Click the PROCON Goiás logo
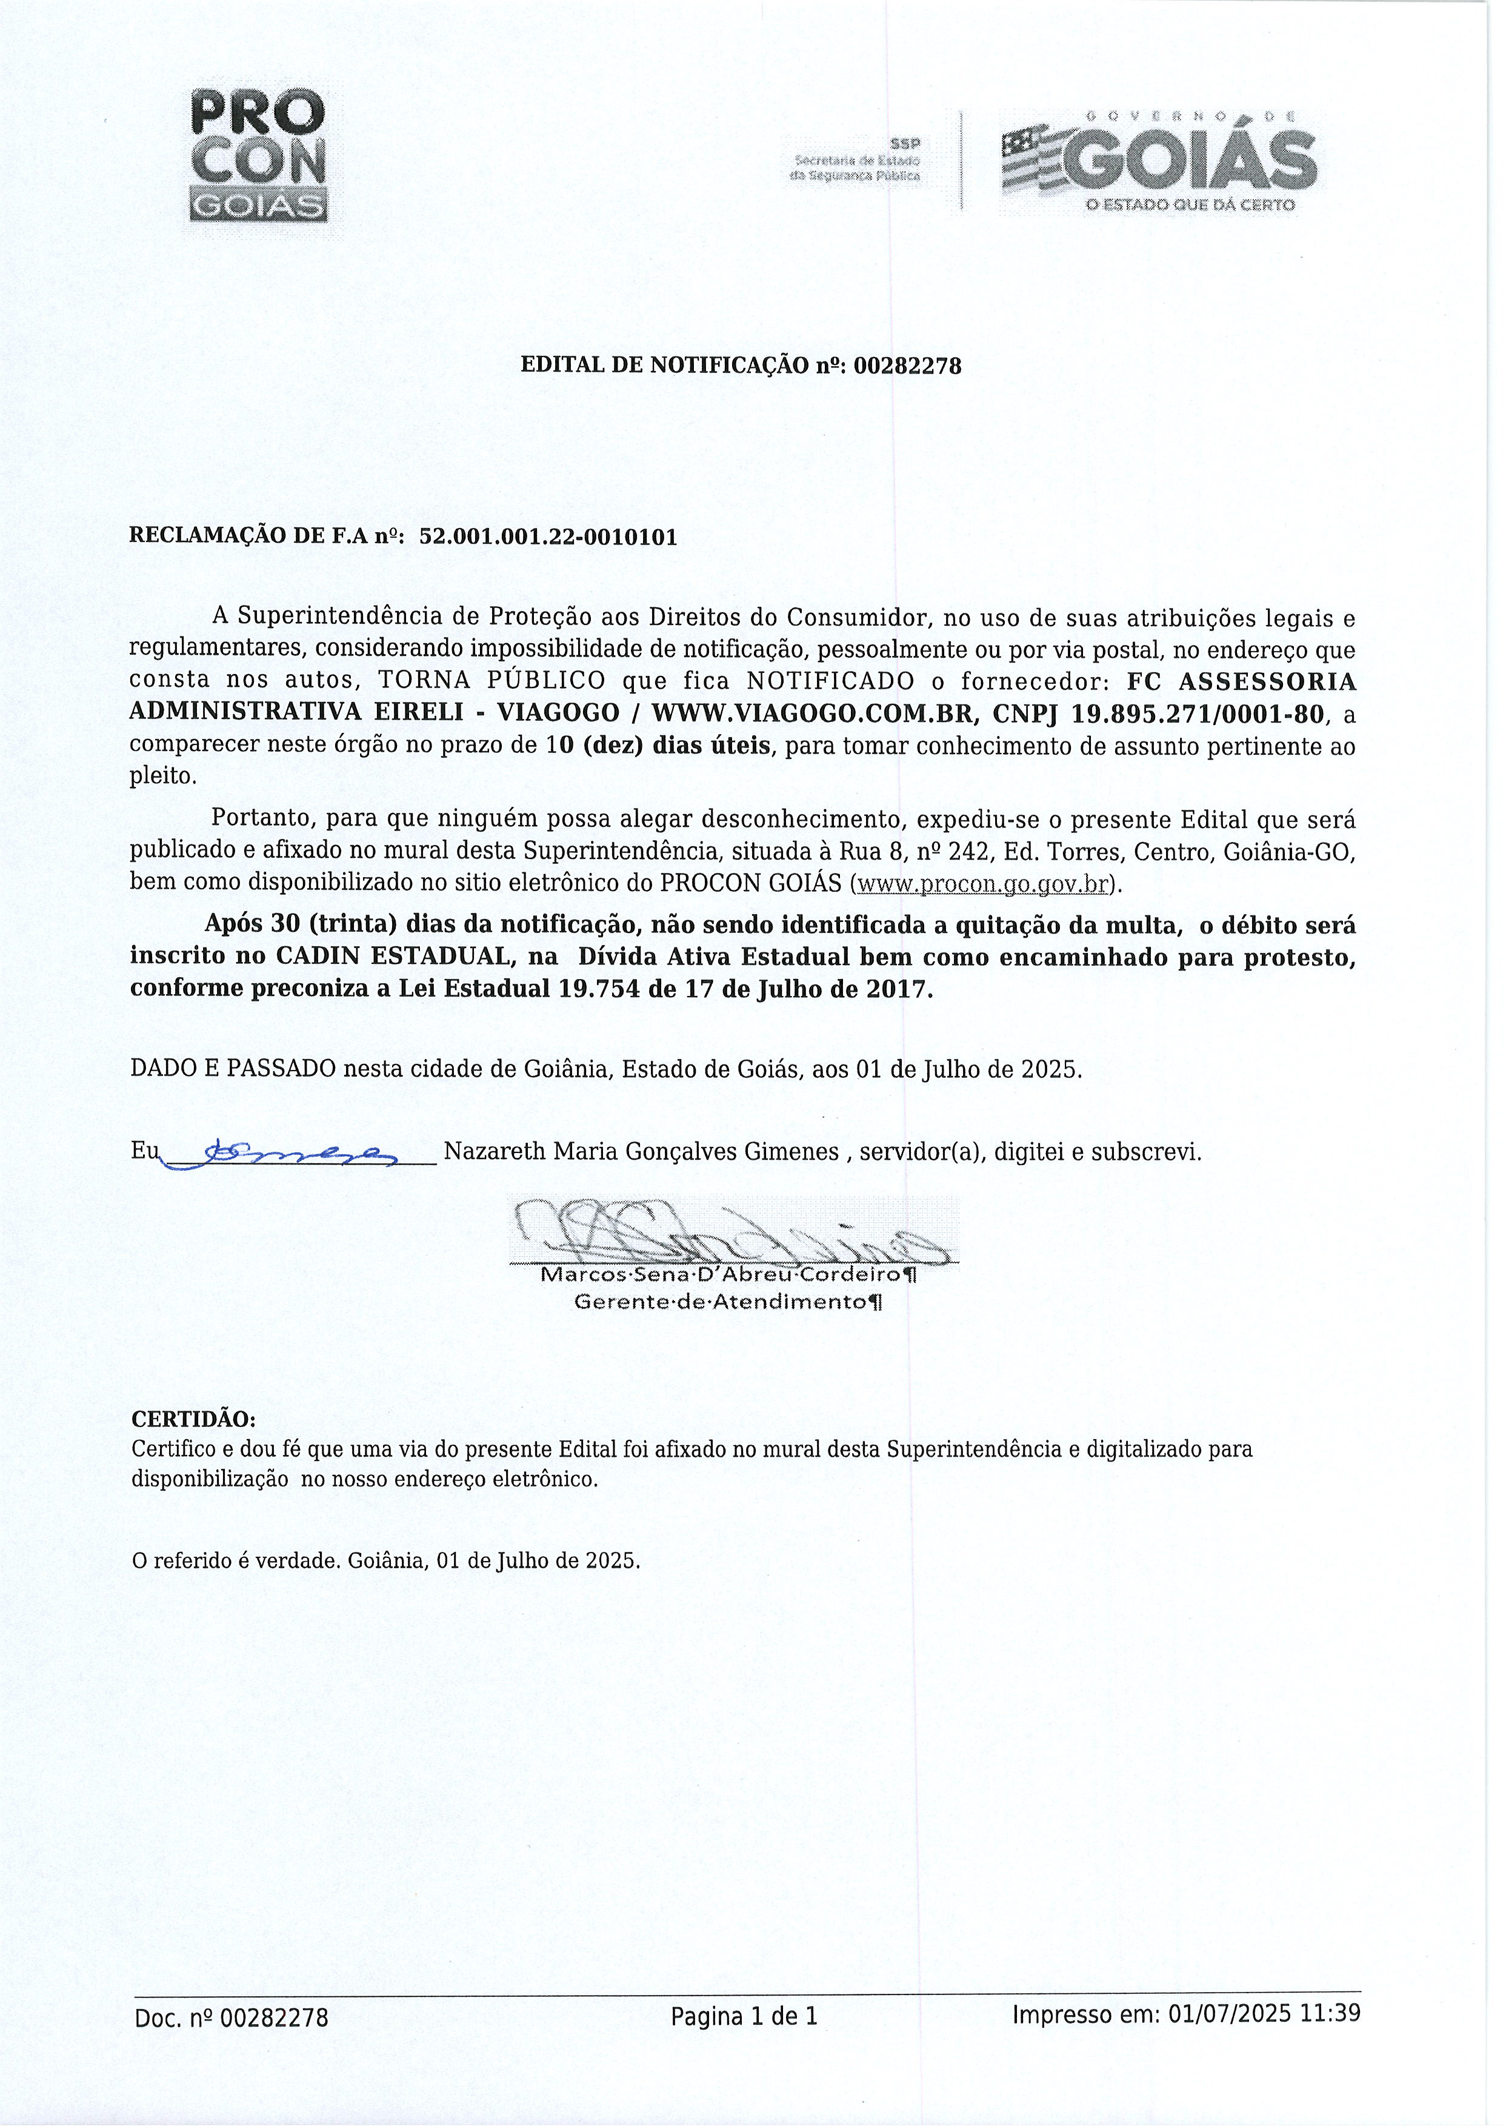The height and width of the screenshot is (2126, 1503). point(258,158)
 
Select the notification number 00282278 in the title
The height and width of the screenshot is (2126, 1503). point(907,367)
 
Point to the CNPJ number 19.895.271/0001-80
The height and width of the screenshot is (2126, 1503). point(1199,714)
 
